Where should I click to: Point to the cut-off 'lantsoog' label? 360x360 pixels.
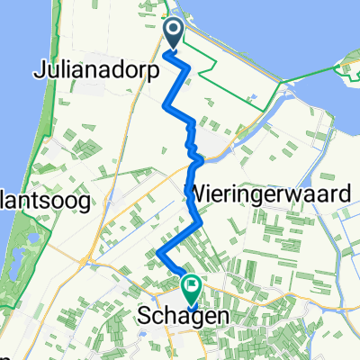point(45,202)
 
